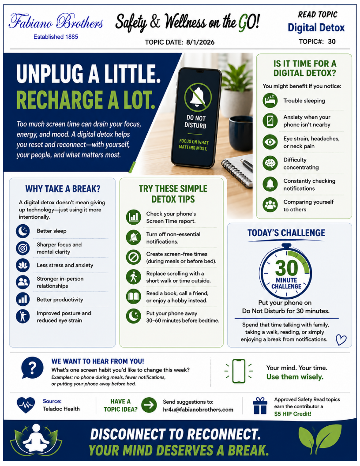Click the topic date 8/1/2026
pyautogui.click(x=200, y=42)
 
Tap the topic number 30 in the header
pyautogui.click(x=332, y=41)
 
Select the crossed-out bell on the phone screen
pyautogui.click(x=198, y=96)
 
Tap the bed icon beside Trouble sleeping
pyautogui.click(x=270, y=101)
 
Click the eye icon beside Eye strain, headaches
pyautogui.click(x=270, y=142)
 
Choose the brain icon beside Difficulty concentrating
pyautogui.click(x=270, y=163)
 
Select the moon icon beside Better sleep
pyautogui.click(x=23, y=231)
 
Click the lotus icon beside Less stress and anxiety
pyautogui.click(x=23, y=265)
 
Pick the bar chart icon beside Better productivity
pyautogui.click(x=23, y=299)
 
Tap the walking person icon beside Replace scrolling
pyautogui.click(x=133, y=277)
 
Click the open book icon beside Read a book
pyautogui.click(x=133, y=296)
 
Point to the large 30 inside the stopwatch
pyautogui.click(x=286, y=268)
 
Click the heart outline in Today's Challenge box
pyautogui.click(x=341, y=340)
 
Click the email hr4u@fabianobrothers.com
pyautogui.click(x=198, y=410)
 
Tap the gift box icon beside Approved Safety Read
pyautogui.click(x=260, y=406)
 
